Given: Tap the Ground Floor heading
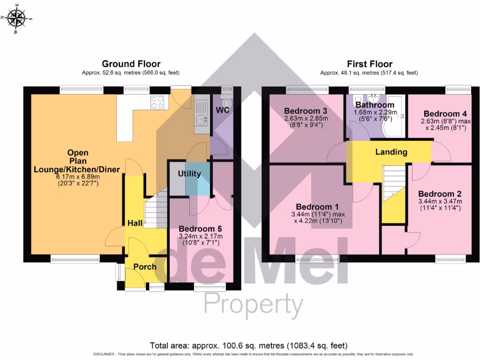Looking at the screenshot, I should (131, 64).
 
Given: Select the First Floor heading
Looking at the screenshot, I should (369, 64).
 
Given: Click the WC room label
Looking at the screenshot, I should (222, 110).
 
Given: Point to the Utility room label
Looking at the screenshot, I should (189, 174).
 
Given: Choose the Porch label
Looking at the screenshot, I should (145, 267).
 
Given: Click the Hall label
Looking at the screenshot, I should (135, 224).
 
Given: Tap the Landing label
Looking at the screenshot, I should (391, 152).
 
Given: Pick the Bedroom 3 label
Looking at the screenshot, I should (306, 111).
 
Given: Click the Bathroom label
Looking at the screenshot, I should (375, 105).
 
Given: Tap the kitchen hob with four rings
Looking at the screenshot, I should (157, 102).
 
